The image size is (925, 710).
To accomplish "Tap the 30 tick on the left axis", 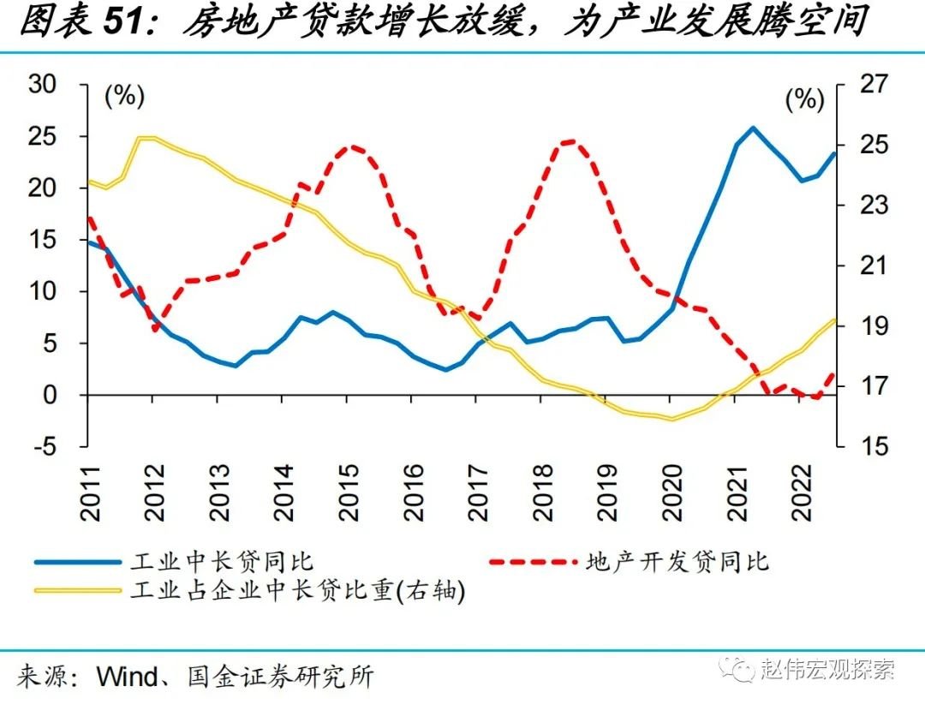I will pos(42,84).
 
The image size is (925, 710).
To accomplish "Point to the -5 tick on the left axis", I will pos(45,446).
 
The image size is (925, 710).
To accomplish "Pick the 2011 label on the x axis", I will pos(91,494).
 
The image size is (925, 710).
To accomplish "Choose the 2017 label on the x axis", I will pos(477,494).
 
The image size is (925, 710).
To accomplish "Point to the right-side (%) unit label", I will pos(803,99).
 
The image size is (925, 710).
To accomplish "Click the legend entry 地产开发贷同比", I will pos(677,562).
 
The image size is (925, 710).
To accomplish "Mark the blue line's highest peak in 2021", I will pos(753,128).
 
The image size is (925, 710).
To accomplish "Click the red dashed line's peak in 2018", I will pos(569,141).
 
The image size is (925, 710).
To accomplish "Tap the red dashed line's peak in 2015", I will pos(350,146).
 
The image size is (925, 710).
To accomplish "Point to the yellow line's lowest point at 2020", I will pos(671,419).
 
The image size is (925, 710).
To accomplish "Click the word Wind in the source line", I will pos(127,677).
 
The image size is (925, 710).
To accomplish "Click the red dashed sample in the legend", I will pos(531,562).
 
